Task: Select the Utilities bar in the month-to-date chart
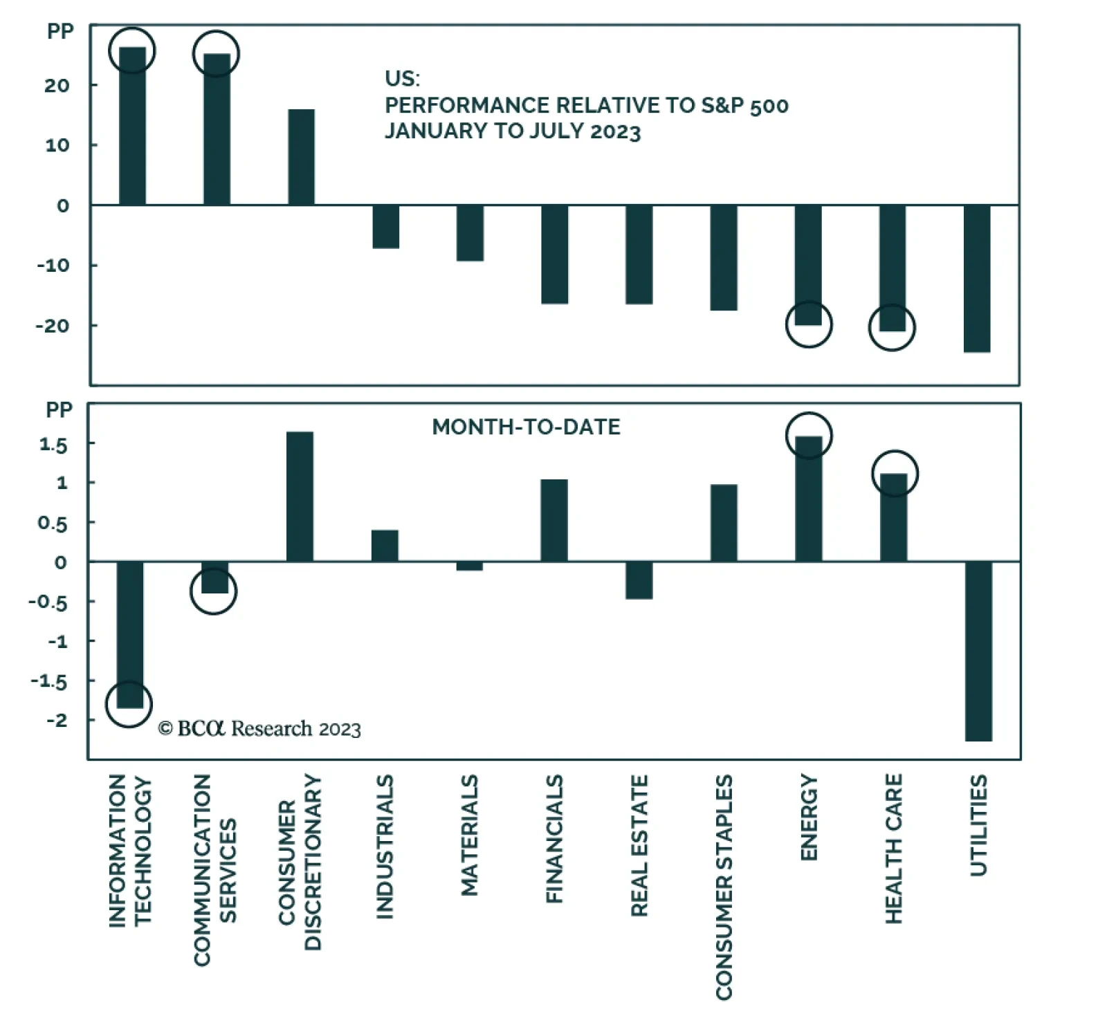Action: (978, 650)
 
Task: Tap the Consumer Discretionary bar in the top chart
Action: (301, 157)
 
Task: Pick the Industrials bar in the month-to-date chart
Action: (385, 546)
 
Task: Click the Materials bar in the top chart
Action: (470, 232)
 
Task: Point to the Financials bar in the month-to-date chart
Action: (554, 520)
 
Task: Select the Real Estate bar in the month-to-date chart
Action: (639, 580)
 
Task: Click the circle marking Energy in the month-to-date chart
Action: (809, 436)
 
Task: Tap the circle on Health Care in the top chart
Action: (892, 327)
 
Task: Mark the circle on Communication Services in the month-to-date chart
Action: (213, 591)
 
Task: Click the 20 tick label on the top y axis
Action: (57, 86)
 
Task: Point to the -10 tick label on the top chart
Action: (53, 266)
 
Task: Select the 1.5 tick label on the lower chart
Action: (53, 445)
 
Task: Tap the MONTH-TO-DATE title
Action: (526, 427)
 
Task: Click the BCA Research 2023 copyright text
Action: (259, 729)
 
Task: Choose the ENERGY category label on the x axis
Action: (809, 818)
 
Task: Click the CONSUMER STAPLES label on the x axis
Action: (724, 887)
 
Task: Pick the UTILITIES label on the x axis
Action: (978, 826)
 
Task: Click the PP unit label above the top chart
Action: (60, 32)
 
